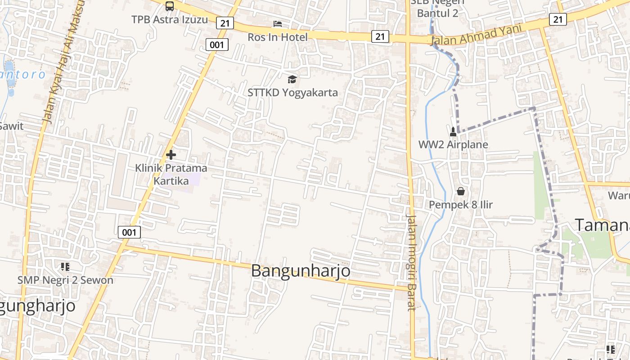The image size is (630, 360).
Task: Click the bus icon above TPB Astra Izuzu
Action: coord(170,6)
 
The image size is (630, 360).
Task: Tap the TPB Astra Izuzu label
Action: coord(170,20)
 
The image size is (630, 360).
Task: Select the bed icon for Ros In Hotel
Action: coord(278,24)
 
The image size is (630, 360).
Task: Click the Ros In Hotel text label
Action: coord(278,37)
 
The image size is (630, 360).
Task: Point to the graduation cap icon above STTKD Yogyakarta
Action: coord(292,80)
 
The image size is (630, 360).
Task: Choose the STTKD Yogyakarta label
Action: coord(292,93)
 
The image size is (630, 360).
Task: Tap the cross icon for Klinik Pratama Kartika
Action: coord(171,155)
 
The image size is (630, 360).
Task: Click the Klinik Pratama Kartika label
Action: coord(171,175)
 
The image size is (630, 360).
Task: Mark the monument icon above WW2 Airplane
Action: coord(453,131)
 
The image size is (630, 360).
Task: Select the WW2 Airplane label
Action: coord(453,145)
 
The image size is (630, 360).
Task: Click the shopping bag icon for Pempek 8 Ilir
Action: coord(460,191)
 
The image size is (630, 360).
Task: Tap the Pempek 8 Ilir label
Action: coord(460,205)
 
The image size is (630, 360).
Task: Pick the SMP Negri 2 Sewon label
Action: coord(65,280)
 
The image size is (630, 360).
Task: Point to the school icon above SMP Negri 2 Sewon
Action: coord(65,267)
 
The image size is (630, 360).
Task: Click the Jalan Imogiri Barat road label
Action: coord(411,262)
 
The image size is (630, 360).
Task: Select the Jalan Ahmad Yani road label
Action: coord(476,35)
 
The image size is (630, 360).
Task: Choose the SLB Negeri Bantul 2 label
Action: coord(437,8)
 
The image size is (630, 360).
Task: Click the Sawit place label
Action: coord(11,126)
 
